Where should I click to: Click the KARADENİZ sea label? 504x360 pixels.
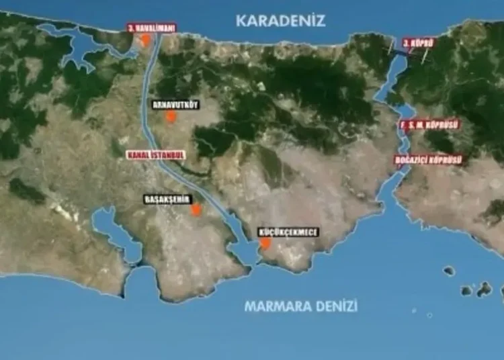280,21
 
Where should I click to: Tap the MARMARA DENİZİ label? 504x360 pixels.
300,306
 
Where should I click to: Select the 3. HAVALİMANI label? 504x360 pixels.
151,28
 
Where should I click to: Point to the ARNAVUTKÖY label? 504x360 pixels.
176,105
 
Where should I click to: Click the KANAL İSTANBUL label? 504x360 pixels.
155,154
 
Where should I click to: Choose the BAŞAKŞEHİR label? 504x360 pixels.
168,199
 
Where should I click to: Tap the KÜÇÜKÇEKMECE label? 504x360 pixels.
288,232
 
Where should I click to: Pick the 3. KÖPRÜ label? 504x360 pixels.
418,43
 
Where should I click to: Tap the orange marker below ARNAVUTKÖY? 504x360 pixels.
171,117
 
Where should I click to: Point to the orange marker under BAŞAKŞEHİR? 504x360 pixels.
196,210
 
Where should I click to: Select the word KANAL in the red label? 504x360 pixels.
139,154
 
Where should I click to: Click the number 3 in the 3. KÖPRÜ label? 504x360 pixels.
406,43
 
